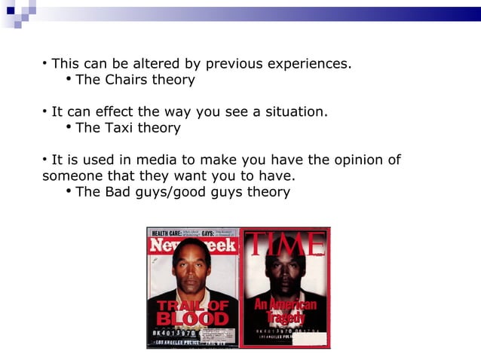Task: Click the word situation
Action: (x=294, y=112)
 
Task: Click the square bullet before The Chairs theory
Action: (x=69, y=78)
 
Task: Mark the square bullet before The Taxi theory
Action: (x=69, y=127)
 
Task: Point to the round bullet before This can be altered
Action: (x=45, y=63)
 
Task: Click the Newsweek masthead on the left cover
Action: (x=193, y=246)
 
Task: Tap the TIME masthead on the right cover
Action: (x=285, y=244)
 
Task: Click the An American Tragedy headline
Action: (x=284, y=309)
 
